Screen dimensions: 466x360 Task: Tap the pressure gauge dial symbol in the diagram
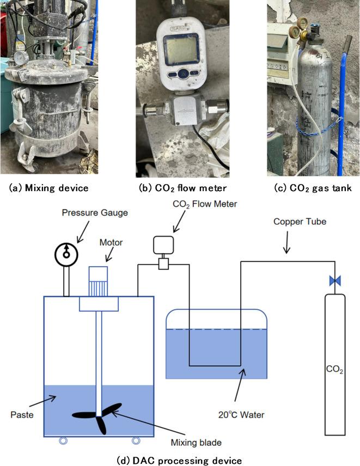[x=66, y=254]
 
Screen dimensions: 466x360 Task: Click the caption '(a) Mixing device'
[x=49, y=188]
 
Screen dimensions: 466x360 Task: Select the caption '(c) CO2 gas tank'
[x=312, y=188]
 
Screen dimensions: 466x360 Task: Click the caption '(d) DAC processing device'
[x=180, y=461]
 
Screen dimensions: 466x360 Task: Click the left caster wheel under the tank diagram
[x=62, y=440]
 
